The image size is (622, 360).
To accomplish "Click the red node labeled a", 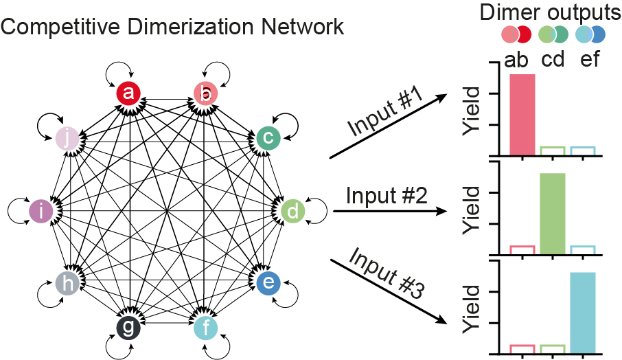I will [x=128, y=93].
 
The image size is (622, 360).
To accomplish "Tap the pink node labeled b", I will [x=205, y=93].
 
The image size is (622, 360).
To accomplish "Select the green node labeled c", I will [x=268, y=138].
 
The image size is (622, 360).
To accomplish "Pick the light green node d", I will [x=292, y=211].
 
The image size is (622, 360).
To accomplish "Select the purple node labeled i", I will [x=43, y=211].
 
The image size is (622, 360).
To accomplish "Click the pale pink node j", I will [x=67, y=138].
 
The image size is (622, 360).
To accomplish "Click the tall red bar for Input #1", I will [x=522, y=114].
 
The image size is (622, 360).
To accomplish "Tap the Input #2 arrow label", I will [x=387, y=196].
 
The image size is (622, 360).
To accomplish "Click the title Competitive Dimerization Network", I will [x=172, y=28].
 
